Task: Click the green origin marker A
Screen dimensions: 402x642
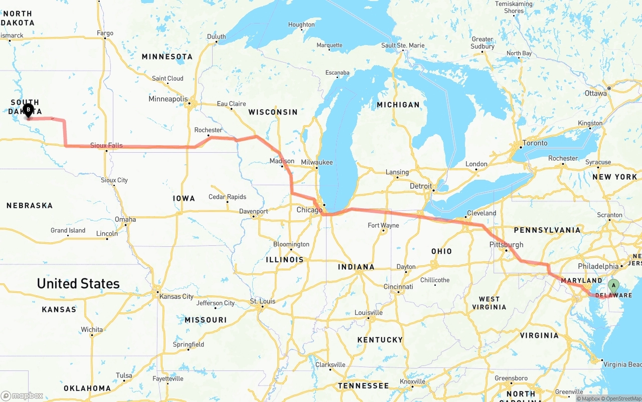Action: point(613,286)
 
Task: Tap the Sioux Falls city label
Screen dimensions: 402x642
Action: point(106,145)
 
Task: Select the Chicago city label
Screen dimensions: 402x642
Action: point(309,210)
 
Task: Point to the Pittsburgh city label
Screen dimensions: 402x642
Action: point(506,244)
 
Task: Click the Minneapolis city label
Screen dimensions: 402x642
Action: point(168,99)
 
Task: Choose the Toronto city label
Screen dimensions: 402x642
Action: point(535,143)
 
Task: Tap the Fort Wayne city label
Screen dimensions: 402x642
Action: point(383,225)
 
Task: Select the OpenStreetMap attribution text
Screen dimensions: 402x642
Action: point(622,398)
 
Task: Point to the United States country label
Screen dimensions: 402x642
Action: point(78,284)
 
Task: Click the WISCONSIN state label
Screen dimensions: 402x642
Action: point(273,112)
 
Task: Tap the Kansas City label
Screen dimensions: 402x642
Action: point(176,296)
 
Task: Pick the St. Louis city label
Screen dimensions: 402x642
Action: point(263,301)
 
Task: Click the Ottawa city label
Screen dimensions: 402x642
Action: point(596,93)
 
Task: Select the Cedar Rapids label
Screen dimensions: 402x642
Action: point(227,197)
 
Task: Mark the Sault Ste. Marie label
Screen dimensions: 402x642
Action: point(403,45)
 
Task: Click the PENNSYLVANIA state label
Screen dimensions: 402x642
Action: point(547,230)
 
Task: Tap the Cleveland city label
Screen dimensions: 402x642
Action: point(481,213)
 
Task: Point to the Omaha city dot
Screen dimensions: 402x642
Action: point(126,224)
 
